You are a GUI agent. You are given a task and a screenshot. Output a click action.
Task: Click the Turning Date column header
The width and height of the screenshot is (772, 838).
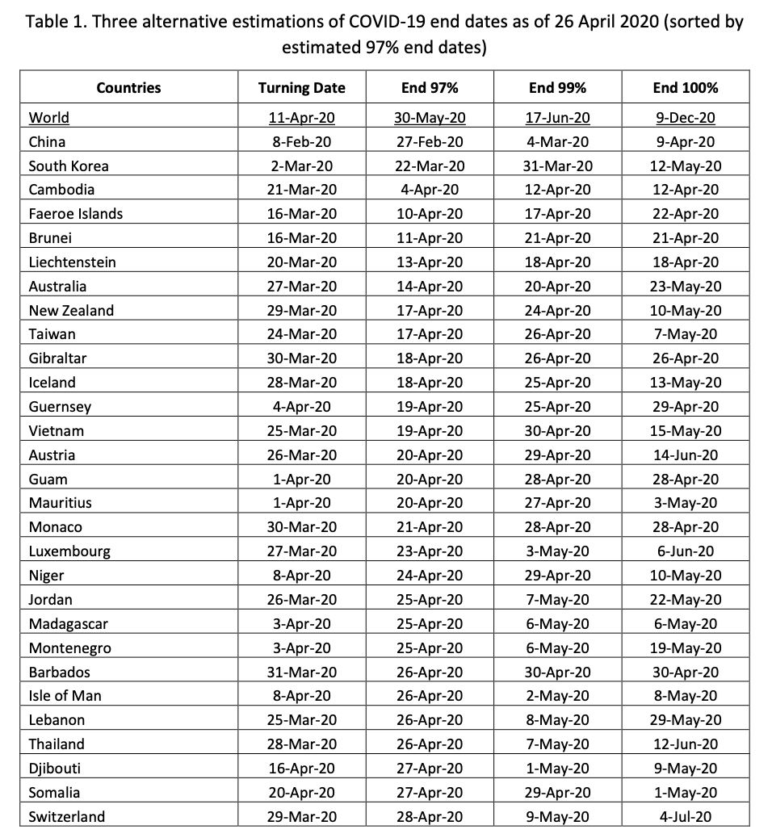click(x=301, y=88)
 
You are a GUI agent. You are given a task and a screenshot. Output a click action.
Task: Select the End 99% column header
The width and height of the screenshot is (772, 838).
click(x=557, y=88)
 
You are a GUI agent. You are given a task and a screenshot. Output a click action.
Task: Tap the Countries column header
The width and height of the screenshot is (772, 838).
click(x=128, y=88)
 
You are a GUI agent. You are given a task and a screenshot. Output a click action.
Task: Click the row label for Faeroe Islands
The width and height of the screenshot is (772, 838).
click(x=76, y=214)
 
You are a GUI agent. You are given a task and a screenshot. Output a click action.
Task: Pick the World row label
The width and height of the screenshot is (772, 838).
click(x=49, y=118)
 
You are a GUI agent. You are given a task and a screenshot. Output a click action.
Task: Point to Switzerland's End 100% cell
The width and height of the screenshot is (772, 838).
click(x=685, y=816)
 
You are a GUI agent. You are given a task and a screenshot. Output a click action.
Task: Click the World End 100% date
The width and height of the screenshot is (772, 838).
click(x=685, y=118)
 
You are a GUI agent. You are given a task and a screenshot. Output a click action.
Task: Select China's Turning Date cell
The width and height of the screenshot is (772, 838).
click(x=301, y=142)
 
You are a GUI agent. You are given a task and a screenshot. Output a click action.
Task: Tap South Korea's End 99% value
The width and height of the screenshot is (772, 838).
click(x=557, y=166)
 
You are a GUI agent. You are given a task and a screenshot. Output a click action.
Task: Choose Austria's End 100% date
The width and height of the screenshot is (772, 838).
click(x=685, y=455)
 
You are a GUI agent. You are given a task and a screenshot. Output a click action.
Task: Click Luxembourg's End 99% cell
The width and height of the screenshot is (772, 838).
click(x=557, y=551)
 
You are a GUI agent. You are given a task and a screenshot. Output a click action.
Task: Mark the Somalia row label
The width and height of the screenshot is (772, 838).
click(x=54, y=793)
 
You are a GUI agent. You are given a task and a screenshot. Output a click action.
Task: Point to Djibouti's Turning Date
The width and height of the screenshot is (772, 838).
click(x=301, y=769)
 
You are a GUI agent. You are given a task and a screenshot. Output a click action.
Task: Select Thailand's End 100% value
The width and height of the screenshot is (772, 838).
click(x=685, y=744)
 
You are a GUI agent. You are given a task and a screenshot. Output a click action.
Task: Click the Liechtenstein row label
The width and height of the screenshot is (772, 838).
click(x=72, y=262)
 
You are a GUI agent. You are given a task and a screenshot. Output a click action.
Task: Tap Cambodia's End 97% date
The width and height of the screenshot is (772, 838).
click(x=430, y=190)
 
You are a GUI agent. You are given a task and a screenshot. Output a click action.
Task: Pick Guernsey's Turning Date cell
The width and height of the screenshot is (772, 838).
click(x=301, y=407)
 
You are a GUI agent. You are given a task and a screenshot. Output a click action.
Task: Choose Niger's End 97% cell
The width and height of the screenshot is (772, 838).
click(x=430, y=576)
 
